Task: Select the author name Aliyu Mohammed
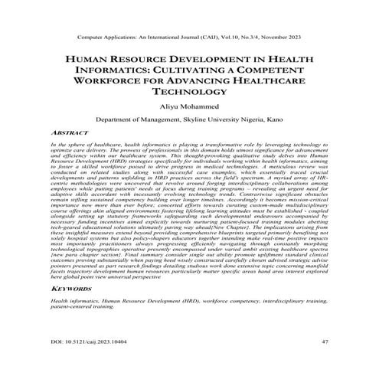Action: [x=189, y=103]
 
